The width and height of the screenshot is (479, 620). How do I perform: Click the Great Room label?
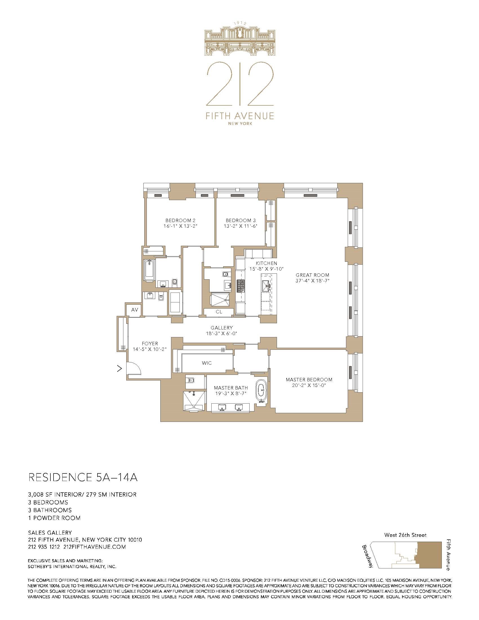point(312,275)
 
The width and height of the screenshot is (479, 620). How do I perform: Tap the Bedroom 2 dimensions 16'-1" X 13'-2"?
point(181,226)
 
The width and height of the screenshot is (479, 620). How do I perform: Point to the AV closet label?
point(134,310)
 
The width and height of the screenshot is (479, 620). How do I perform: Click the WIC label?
point(207,363)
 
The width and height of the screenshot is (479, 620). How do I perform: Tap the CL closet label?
point(219,312)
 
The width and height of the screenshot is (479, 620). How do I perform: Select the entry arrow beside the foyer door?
point(119,369)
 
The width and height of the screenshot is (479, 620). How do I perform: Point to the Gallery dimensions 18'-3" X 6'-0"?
point(222,334)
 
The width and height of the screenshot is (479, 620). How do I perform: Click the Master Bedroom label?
point(309,380)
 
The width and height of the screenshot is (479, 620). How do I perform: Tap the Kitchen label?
point(267,263)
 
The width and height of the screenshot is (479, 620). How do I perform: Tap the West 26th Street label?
point(405,535)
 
